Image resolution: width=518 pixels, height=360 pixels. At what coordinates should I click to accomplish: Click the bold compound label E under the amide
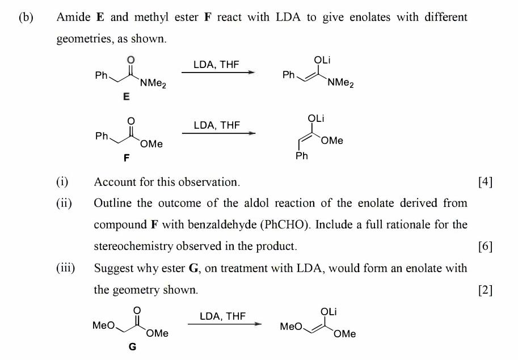(126, 97)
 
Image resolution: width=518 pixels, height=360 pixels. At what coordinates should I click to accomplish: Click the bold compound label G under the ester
(132, 347)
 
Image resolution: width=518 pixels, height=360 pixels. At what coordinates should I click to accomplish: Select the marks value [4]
(485, 182)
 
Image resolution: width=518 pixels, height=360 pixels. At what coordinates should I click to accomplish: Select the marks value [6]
(485, 246)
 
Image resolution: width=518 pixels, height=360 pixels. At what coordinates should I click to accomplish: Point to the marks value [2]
(485, 290)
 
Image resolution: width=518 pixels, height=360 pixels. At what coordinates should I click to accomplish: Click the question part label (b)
(26, 17)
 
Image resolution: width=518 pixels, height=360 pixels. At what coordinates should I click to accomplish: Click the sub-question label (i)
(62, 182)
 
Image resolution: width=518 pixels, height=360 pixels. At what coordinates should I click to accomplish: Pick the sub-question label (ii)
(64, 203)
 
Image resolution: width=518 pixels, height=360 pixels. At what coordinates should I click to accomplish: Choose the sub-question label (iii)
(65, 268)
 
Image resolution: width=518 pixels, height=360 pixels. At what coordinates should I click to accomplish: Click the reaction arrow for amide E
(218, 73)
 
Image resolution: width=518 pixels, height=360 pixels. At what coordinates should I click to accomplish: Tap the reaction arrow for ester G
(225, 324)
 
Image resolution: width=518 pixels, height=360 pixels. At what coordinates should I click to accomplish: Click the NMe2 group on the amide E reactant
(153, 84)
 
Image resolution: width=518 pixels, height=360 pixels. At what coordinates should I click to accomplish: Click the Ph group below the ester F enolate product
(302, 156)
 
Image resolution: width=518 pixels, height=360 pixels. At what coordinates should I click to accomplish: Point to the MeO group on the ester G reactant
(103, 325)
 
